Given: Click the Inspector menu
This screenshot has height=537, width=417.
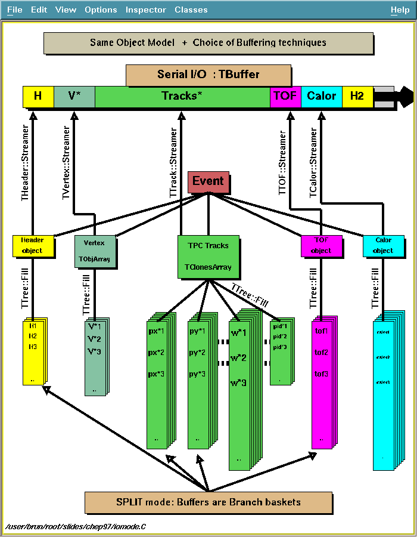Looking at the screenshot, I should pyautogui.click(x=145, y=10).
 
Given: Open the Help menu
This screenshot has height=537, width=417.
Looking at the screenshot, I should pyautogui.click(x=400, y=10).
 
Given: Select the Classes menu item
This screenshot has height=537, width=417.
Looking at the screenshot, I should pyautogui.click(x=191, y=10).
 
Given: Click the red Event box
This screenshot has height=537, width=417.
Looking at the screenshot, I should pyautogui.click(x=208, y=182).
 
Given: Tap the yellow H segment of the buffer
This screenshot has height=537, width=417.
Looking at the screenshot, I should pyautogui.click(x=38, y=96).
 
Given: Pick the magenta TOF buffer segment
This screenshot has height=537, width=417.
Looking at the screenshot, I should pyautogui.click(x=285, y=96).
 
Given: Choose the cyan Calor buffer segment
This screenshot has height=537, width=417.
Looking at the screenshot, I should pyautogui.click(x=322, y=96).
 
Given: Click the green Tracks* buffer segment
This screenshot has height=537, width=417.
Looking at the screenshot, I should pyautogui.click(x=182, y=96).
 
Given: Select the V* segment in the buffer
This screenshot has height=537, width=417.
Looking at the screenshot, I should pyautogui.click(x=74, y=96).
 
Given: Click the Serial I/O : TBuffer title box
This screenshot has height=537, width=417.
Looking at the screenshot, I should pyautogui.click(x=208, y=75).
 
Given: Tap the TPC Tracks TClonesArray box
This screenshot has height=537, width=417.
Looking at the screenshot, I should pyautogui.click(x=208, y=257).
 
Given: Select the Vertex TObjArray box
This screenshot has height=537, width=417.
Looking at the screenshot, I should pyautogui.click(x=94, y=252).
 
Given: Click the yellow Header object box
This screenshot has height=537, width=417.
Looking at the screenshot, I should pyautogui.click(x=33, y=245).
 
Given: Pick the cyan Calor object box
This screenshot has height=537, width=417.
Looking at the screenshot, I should pyautogui.click(x=384, y=246).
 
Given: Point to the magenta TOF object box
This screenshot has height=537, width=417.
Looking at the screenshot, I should pyautogui.click(x=321, y=245).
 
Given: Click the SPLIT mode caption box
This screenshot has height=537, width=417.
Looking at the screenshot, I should pyautogui.click(x=208, y=502).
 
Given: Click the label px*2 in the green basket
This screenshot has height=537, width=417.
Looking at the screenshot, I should pyautogui.click(x=155, y=353).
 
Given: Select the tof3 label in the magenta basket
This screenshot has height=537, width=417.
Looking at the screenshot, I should pyautogui.click(x=321, y=374).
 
